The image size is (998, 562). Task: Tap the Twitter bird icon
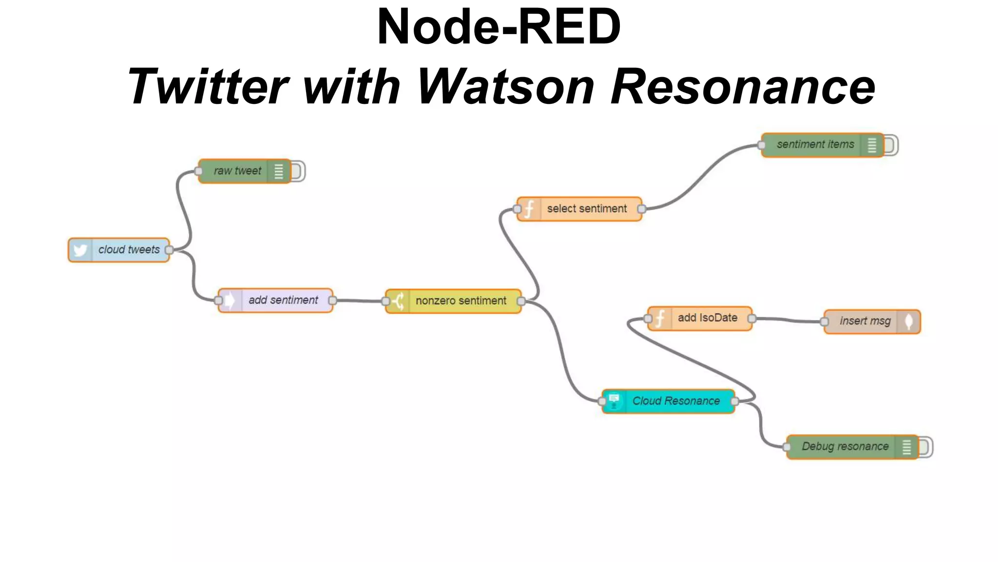(x=80, y=250)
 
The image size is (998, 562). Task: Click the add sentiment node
(x=283, y=301)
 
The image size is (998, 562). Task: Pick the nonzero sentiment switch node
(x=461, y=301)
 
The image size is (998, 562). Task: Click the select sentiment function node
(x=586, y=209)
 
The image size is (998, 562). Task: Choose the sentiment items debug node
(x=815, y=145)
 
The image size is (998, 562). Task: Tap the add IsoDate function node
(x=707, y=318)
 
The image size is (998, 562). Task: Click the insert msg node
(x=864, y=321)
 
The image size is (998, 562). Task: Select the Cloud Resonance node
(x=675, y=401)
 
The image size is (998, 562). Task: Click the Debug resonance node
(x=844, y=447)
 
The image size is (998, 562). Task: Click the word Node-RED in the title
(x=499, y=27)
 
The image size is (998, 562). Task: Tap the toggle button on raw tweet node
(x=298, y=171)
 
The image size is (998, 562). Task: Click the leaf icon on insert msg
(x=909, y=321)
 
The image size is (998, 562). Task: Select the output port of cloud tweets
(x=169, y=250)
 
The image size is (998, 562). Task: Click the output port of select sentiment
(x=642, y=209)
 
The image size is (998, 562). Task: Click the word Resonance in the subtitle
(x=743, y=87)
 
